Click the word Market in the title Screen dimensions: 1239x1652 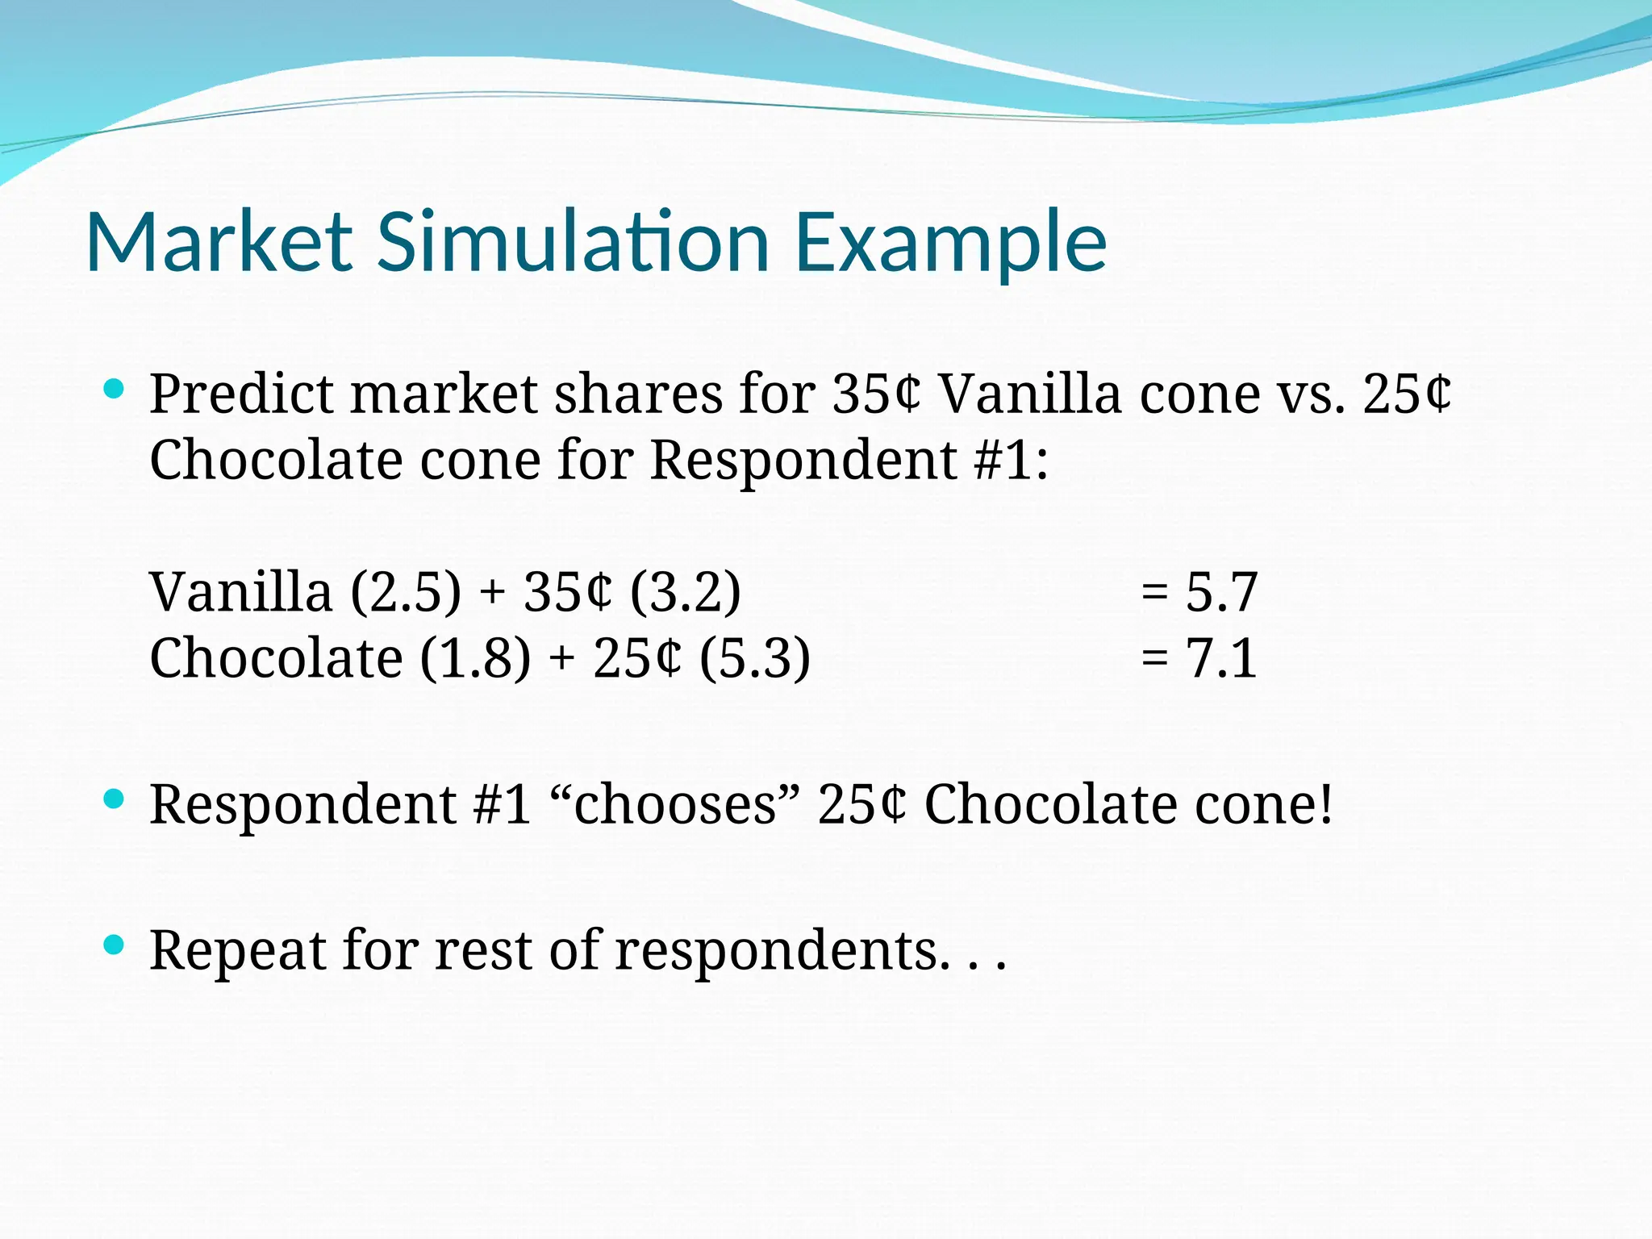pyautogui.click(x=219, y=242)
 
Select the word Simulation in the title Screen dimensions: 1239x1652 pyautogui.click(x=573, y=242)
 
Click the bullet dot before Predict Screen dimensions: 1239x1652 pyautogui.click(x=114, y=390)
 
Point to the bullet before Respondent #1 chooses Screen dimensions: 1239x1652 pyautogui.click(x=114, y=799)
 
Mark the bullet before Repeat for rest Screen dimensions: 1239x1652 pyautogui.click(x=114, y=945)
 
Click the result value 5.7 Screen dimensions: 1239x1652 pyautogui.click(x=1221, y=592)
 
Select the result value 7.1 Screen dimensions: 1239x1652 pyautogui.click(x=1221, y=658)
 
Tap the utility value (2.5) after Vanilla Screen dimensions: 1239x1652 pyautogui.click(x=406, y=592)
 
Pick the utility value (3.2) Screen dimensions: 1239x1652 pyautogui.click(x=685, y=592)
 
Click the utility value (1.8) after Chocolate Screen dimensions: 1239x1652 pyautogui.click(x=475, y=658)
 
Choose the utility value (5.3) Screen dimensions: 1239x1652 pyautogui.click(x=754, y=658)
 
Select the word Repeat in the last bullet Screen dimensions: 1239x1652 pyautogui.click(x=238, y=952)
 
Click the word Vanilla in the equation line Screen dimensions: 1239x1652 pyautogui.click(x=240, y=592)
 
